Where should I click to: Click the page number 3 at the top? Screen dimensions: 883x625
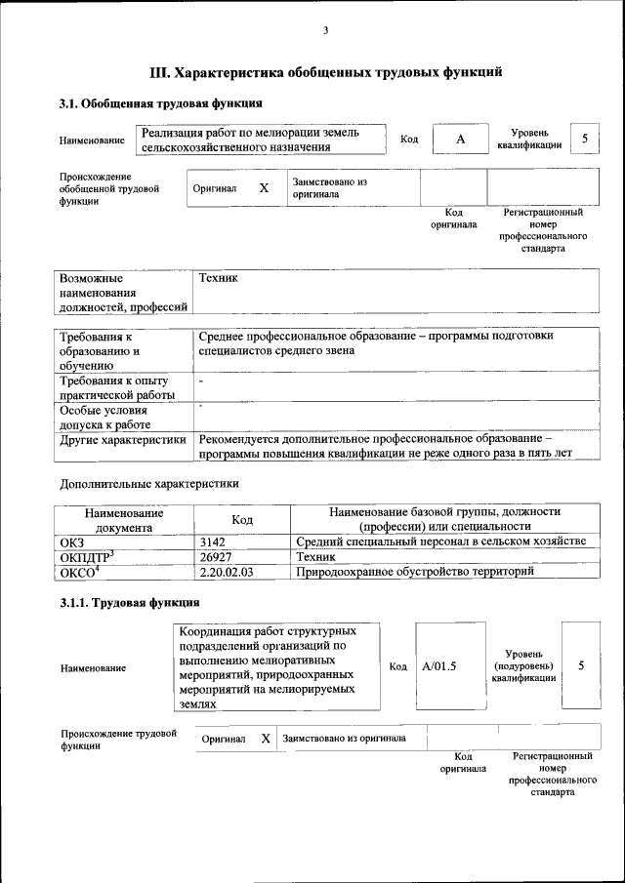325,31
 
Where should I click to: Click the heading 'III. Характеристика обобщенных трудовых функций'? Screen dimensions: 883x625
325,71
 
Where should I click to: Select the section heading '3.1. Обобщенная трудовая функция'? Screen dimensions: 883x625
160,103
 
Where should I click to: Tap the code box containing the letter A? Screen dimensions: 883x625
459,140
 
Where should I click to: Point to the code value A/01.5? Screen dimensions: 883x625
439,666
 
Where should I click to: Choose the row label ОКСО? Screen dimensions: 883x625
80,572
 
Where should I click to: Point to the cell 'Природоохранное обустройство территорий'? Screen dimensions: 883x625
415,572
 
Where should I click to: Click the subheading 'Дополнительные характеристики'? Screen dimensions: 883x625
149,483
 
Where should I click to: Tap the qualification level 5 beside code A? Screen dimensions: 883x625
584,139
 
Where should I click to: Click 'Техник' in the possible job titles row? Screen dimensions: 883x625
218,279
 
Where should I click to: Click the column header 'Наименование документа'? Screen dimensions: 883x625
124,519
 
